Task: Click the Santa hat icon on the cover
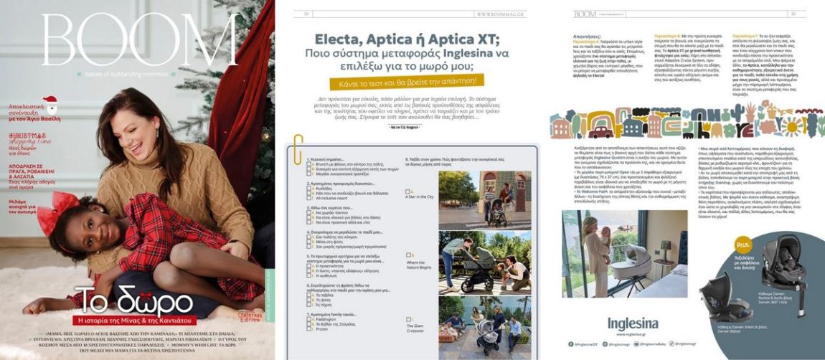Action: coord(49,105)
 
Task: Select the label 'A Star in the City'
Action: coord(419,196)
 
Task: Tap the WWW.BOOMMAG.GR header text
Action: coord(499,12)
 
